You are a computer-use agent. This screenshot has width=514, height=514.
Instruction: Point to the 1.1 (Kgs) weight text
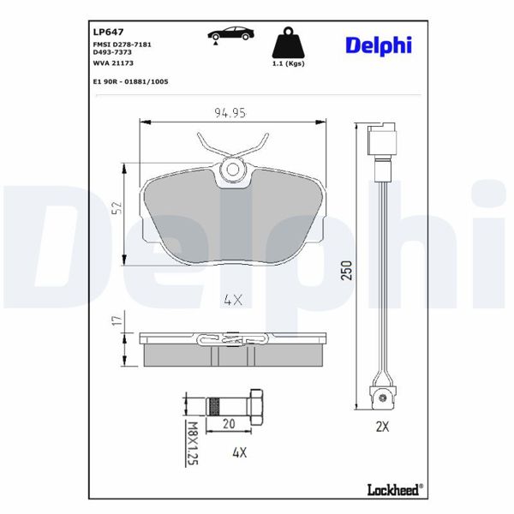pyautogui.click(x=288, y=63)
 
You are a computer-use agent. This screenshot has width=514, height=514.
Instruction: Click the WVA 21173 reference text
pyautogui.click(x=111, y=63)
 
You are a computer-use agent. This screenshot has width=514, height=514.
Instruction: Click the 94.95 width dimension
pyautogui.click(x=230, y=111)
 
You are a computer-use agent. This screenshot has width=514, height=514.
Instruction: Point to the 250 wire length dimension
pyautogui.click(x=347, y=271)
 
